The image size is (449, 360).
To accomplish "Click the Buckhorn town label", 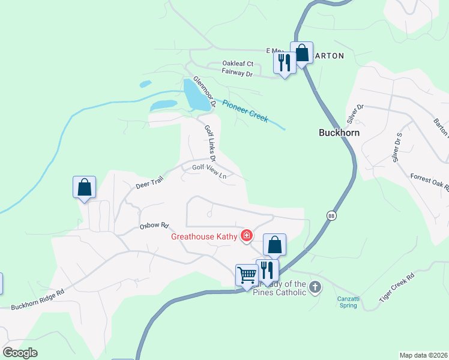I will pos(339,133).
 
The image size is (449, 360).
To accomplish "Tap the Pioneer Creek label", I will pos(245,110).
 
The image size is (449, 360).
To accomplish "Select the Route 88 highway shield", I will pos(331,215).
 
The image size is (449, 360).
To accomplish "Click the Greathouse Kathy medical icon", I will pos(246,236).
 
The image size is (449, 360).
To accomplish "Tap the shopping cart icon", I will pos(247,276).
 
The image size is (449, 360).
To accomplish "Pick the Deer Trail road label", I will pos(149,183).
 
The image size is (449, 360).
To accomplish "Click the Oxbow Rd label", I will pos(154,226).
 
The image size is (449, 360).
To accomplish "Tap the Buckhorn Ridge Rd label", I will pos(37,300).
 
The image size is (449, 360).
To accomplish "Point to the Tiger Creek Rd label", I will pos(397,288).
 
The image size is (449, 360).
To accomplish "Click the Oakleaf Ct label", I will pos(238,64).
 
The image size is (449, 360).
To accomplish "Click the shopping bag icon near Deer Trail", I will pos(85,187).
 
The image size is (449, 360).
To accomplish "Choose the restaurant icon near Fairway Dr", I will pos(284,63).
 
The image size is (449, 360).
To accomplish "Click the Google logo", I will pos(20,352).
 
